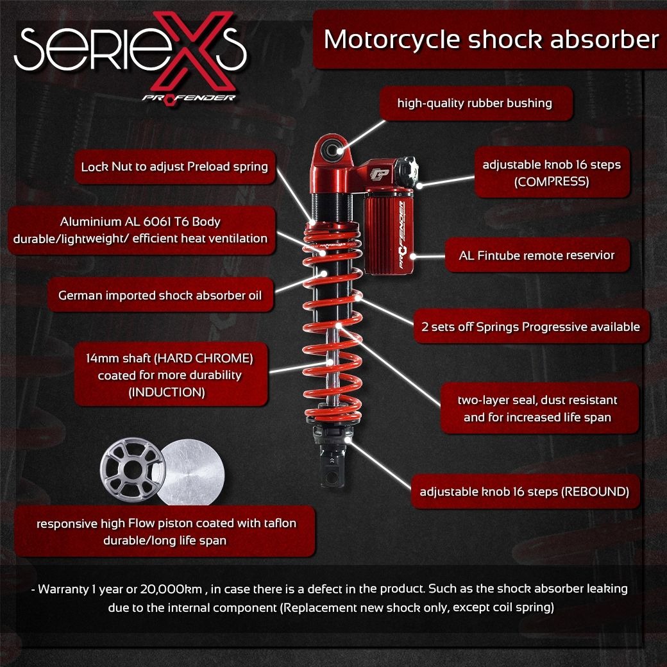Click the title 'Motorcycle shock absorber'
coord(491,39)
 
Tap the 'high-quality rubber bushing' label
coord(475,103)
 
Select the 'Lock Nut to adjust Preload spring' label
coord(174,167)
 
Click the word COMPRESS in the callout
coord(552,182)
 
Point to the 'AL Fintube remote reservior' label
coord(536,255)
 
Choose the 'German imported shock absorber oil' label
coord(160,296)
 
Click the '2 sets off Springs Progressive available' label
coord(530,326)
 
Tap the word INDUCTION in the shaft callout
coord(167,393)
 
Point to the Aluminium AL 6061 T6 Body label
coord(140,230)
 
